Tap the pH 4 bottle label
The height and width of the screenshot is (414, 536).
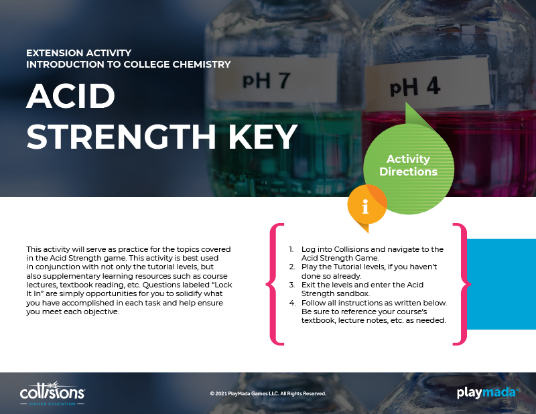point(427,86)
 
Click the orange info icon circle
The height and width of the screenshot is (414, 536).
point(366,205)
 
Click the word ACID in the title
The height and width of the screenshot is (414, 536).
point(71,96)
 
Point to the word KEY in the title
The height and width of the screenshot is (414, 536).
point(263,137)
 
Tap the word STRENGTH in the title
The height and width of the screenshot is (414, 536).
point(121,137)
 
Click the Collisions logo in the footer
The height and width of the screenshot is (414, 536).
point(52,393)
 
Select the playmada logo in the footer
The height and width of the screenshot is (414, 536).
point(488,393)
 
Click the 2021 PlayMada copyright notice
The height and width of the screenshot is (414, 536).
point(268,393)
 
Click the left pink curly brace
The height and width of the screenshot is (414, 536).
point(275,284)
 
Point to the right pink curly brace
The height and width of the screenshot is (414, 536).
point(462,284)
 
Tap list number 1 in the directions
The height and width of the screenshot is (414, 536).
point(291,249)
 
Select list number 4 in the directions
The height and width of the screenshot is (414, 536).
point(292,303)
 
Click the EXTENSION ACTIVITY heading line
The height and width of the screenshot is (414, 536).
point(78,53)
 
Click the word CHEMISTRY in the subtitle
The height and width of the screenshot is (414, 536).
point(202,64)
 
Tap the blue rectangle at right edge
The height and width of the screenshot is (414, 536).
point(501,284)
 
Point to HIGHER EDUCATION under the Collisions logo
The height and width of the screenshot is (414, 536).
point(52,404)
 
